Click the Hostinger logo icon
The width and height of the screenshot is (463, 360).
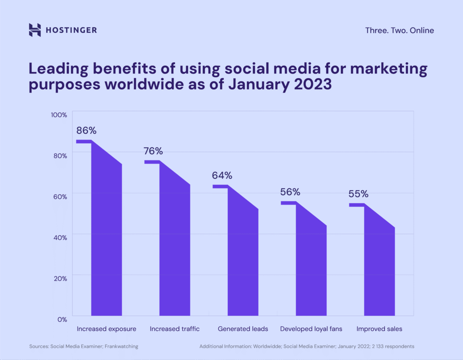(35, 30)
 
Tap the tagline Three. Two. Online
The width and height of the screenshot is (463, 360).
(399, 30)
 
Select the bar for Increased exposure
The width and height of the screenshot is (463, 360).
(106, 239)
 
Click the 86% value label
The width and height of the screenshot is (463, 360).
(86, 131)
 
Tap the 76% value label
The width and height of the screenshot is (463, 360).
(153, 151)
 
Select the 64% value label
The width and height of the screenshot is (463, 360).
(222, 175)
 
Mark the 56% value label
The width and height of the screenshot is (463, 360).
(290, 192)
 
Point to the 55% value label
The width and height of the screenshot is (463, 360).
(358, 194)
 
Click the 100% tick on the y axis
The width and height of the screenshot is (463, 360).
(59, 115)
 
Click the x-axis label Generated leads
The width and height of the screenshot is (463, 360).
(243, 329)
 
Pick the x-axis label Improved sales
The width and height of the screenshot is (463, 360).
(379, 329)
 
